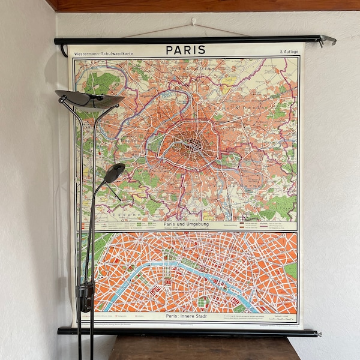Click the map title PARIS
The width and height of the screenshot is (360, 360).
[185, 50]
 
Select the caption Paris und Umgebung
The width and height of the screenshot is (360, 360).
[186, 224]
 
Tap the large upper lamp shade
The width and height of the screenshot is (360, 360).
[89, 98]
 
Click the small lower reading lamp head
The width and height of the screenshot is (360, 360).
[113, 173]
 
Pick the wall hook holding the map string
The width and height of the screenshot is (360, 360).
[193, 22]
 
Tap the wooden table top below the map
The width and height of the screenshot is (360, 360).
[204, 348]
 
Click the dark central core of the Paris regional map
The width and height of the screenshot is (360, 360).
[193, 143]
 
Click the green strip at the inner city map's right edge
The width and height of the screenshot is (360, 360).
[292, 270]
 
